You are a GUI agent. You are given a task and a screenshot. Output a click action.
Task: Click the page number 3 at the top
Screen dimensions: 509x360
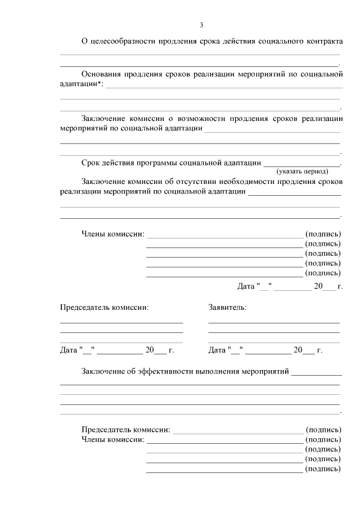click(201, 25)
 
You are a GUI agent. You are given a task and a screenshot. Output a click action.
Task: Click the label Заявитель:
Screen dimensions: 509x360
click(227, 308)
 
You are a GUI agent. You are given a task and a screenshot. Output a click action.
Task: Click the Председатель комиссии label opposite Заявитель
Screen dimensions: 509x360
click(105, 308)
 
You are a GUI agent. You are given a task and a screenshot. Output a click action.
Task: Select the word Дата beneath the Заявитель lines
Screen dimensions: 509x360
click(217, 350)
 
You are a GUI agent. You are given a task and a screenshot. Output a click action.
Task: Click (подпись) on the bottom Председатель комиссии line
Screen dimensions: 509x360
click(323, 429)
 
